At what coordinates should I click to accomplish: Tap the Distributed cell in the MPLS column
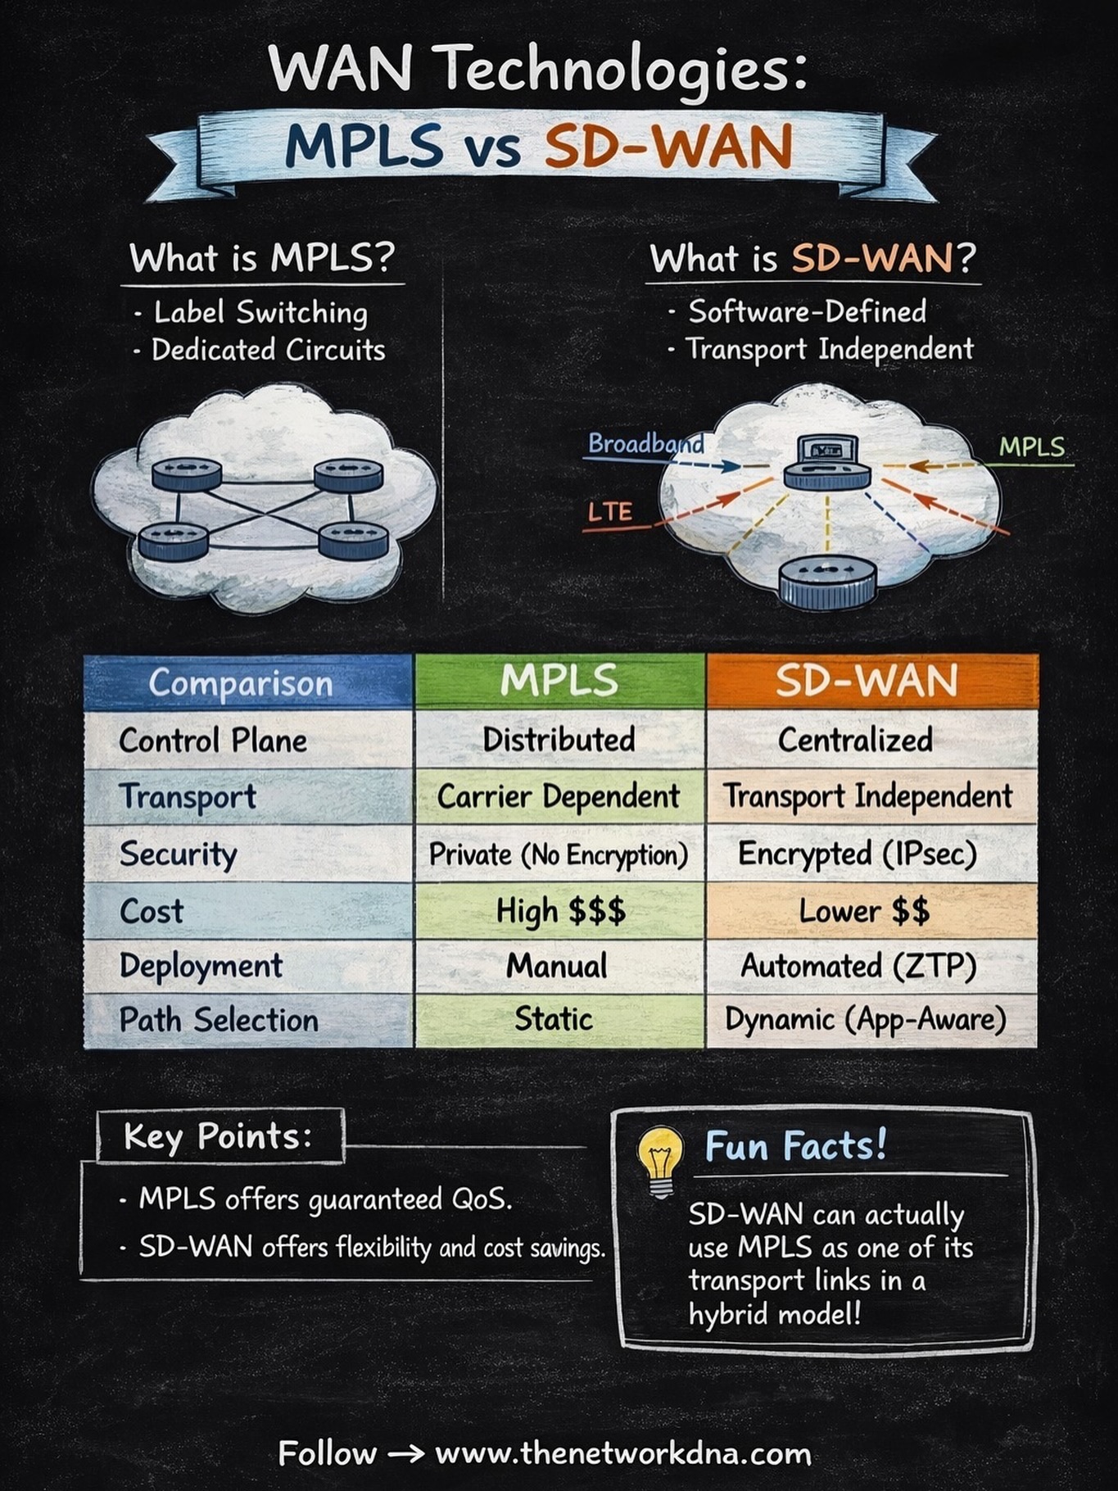pos(559,740)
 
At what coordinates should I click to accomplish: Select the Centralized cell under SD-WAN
pos(871,740)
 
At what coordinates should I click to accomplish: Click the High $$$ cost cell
pos(560,911)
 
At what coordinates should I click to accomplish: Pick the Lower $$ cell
pos(871,911)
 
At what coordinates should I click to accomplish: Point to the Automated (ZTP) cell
pos(871,966)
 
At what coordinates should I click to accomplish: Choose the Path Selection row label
pos(219,1020)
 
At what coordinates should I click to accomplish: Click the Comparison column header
pos(248,682)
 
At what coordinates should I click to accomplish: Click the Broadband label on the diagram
pos(646,443)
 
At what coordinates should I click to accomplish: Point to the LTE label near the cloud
pos(610,512)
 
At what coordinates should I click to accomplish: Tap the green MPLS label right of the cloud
pos(1032,446)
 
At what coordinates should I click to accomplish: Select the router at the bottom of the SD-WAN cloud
pos(827,582)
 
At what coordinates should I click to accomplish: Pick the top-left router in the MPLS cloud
pos(187,474)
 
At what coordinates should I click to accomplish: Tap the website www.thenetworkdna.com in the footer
pos(623,1452)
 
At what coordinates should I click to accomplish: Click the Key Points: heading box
pos(220,1136)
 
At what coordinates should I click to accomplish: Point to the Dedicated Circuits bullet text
pos(268,350)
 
